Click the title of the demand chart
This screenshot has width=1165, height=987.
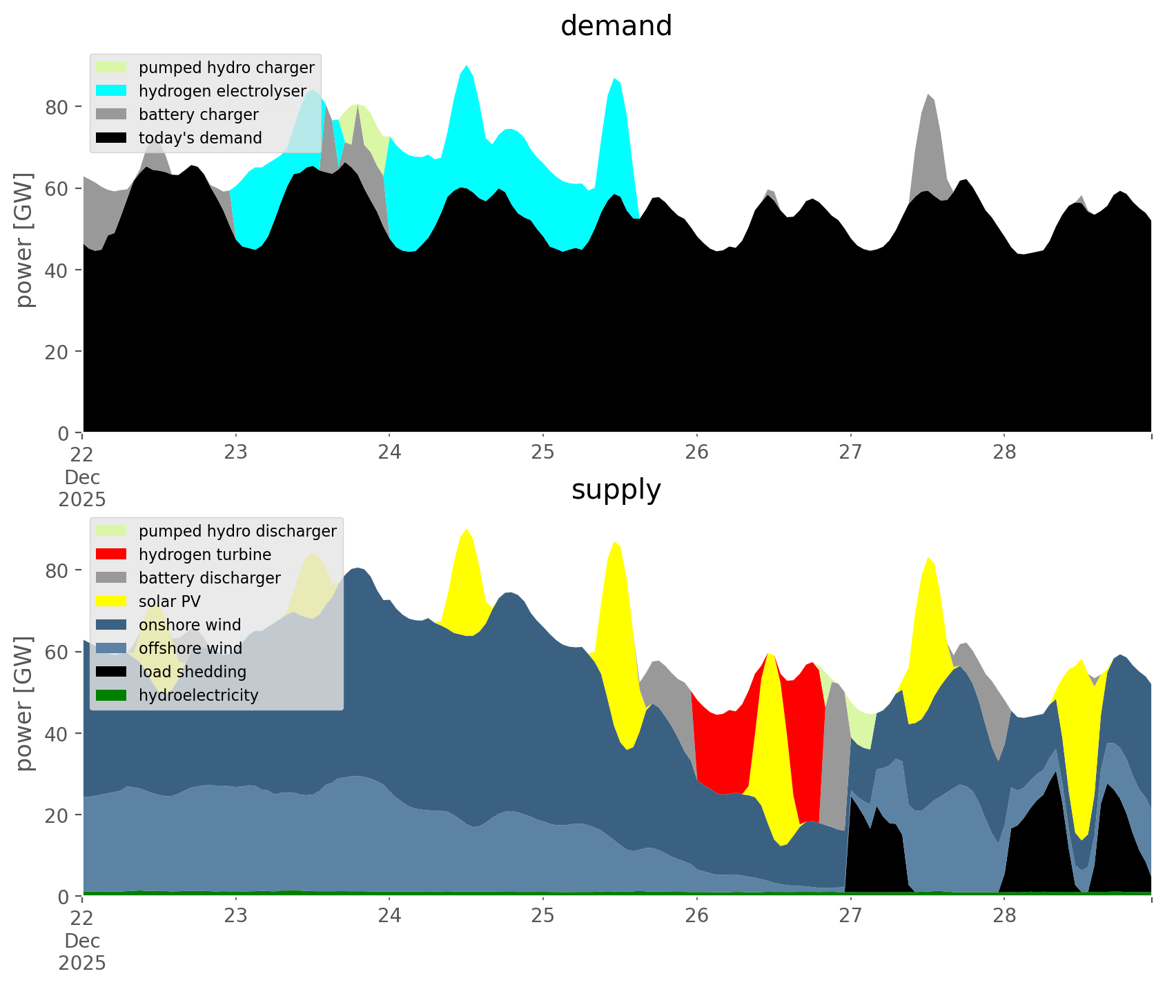click(616, 26)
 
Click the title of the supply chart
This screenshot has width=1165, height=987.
click(616, 490)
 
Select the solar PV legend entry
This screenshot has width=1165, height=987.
click(169, 601)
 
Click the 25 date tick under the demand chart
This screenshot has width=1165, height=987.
click(543, 452)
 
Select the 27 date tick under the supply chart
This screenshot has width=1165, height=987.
click(850, 915)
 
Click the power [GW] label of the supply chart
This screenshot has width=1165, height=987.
click(24, 704)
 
